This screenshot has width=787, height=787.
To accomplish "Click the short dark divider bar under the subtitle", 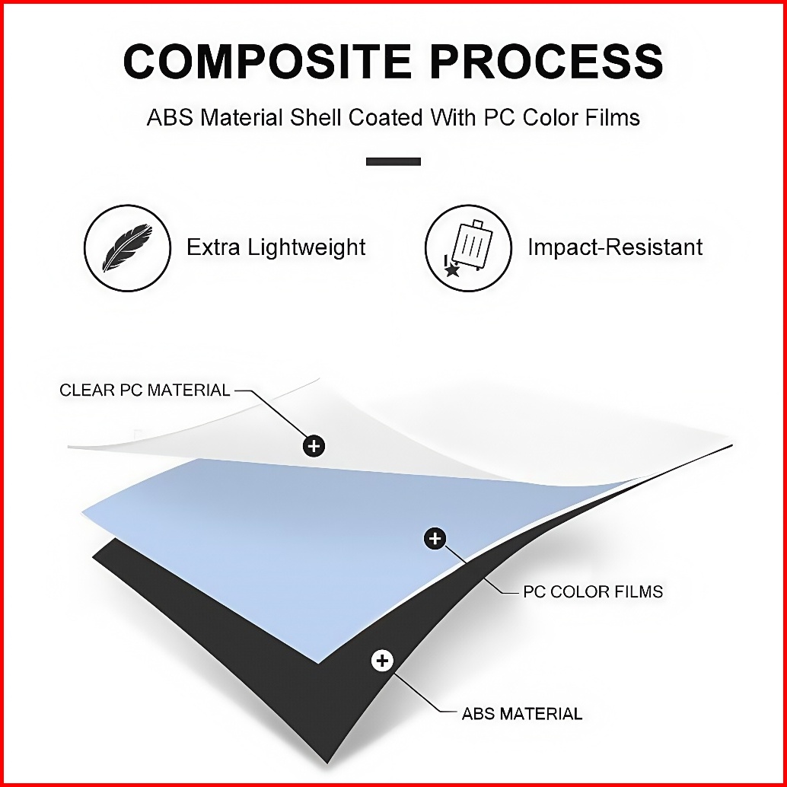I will point(393,161).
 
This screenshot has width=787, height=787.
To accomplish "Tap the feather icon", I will point(127,248).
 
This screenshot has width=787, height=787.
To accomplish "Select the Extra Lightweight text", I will point(276,247).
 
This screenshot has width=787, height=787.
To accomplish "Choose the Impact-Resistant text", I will point(615,247).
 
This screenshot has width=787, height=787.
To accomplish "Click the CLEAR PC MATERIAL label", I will point(145,390).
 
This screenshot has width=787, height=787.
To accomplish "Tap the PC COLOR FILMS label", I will point(593,591).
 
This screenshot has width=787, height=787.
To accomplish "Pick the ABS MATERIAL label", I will point(522,714).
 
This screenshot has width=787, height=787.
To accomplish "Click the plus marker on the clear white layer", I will point(314,446).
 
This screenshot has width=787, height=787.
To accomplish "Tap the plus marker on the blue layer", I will point(435,539).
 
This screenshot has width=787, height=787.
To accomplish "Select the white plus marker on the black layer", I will point(382,660).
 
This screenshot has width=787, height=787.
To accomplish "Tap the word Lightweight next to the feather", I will point(310,247).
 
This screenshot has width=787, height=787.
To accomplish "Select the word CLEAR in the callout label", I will point(86,390).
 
